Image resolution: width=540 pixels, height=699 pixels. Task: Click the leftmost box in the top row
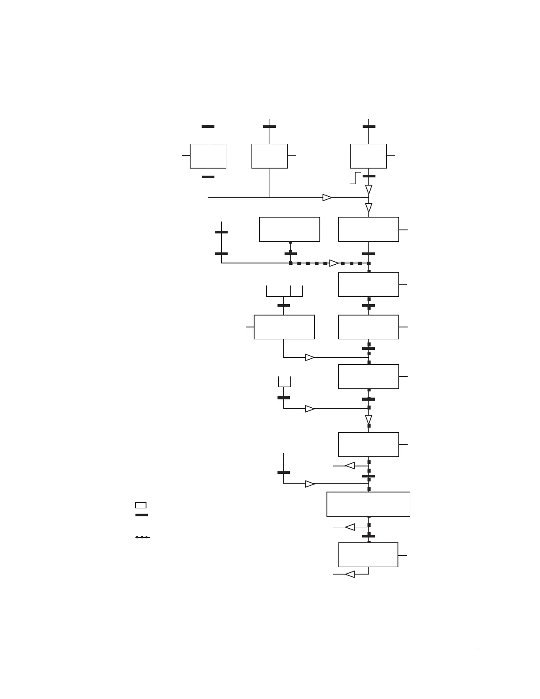point(208,156)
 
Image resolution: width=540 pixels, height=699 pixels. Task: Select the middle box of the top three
point(270,156)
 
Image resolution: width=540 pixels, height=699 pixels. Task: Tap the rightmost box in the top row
point(368,156)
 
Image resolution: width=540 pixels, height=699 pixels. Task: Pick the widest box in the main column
point(368,504)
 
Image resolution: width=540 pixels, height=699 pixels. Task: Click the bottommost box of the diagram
point(368,555)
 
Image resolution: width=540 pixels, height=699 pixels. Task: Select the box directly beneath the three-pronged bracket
point(284,327)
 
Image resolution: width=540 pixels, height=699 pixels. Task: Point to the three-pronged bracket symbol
point(285,292)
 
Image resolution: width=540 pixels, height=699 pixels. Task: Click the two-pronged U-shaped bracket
point(284,382)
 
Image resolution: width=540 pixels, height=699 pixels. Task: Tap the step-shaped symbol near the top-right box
point(355,177)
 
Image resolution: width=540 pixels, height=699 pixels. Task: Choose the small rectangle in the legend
point(141,505)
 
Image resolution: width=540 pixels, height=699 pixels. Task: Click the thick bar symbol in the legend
point(142,515)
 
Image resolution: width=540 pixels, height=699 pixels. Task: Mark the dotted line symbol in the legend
point(142,537)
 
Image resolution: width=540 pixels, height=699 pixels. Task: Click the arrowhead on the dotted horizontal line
point(334,263)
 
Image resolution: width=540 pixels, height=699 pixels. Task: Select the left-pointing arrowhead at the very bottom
point(349,574)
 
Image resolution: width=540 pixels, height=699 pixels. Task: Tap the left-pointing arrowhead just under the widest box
point(349,527)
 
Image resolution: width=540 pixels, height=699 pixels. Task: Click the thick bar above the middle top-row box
point(270,127)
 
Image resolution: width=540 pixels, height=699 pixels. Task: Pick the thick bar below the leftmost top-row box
point(208,177)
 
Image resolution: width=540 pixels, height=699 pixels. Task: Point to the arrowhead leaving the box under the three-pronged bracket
point(310,357)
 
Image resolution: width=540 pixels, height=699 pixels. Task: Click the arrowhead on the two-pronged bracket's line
point(310,409)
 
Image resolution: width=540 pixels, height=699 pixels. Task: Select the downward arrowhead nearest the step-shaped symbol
point(368,189)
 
